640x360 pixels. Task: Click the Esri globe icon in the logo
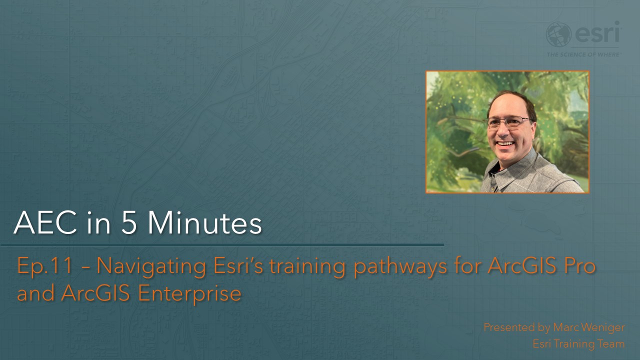tap(558, 34)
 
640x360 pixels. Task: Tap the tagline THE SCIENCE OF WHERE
tap(583, 54)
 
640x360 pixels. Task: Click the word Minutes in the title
tap(205, 223)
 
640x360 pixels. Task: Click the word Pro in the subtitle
tap(578, 266)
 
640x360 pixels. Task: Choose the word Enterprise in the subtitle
tap(189, 293)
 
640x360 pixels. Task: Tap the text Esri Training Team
tap(578, 344)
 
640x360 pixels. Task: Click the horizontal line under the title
tap(222, 245)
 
